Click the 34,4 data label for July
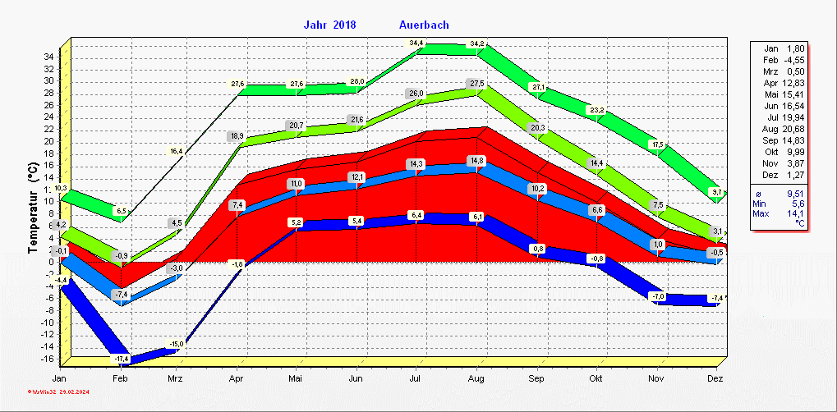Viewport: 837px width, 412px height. point(417,43)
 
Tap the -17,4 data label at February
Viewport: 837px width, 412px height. point(121,359)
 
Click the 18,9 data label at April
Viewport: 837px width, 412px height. point(237,135)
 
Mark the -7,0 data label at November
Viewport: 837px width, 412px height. point(657,296)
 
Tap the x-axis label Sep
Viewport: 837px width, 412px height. point(537,379)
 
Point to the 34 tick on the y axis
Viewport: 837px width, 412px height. point(49,57)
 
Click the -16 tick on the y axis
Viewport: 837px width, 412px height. point(48,359)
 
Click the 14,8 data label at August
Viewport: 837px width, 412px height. point(476,160)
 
